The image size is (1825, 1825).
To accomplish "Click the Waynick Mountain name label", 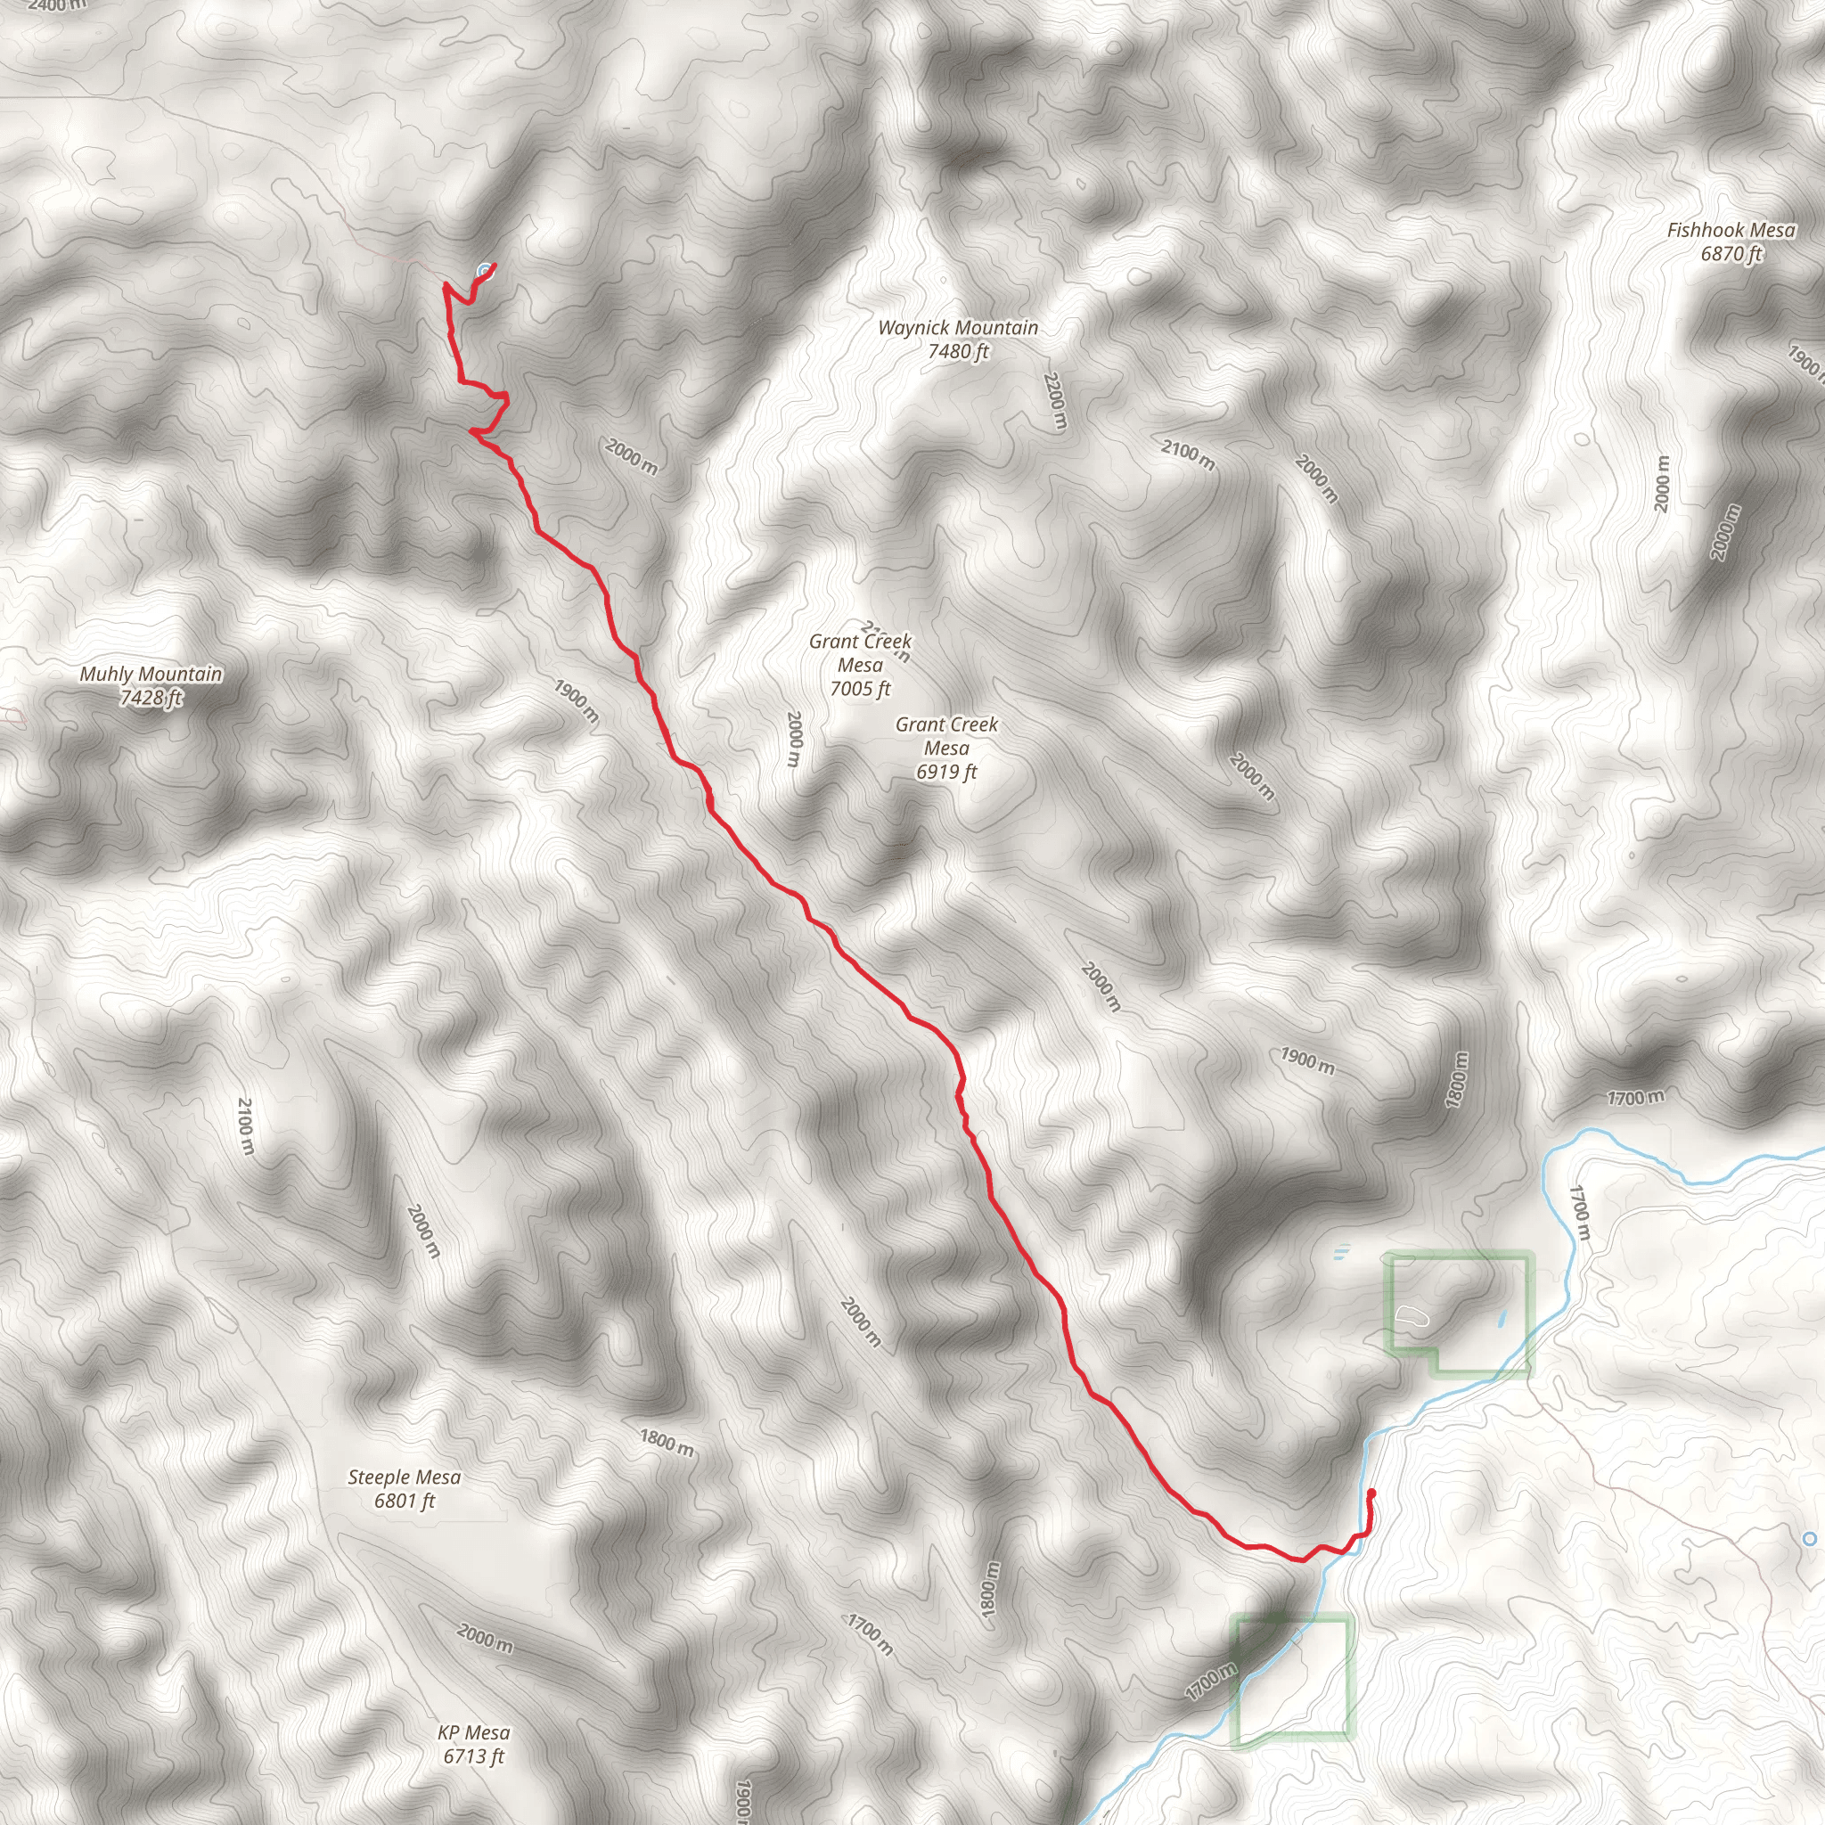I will click(958, 328).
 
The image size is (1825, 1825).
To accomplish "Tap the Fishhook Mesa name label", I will click(1731, 230).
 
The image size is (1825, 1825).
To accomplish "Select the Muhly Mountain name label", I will click(151, 674).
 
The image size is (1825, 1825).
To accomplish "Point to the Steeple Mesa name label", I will click(405, 1477).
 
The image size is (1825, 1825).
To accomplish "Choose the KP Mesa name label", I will click(473, 1732).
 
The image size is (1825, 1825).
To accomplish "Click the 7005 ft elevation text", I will click(860, 689).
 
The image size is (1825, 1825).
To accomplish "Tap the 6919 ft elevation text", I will click(945, 772).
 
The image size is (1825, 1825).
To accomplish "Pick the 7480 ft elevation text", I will click(958, 351).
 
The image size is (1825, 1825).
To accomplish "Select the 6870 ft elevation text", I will click(1731, 253).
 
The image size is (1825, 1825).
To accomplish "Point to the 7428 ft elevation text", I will click(151, 698).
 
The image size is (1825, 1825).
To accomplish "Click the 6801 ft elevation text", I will click(405, 1500).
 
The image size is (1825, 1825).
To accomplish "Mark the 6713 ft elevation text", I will click(473, 1756).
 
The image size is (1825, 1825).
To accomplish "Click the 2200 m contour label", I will click(1055, 402).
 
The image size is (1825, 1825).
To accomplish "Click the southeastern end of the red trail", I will click(1371, 1493).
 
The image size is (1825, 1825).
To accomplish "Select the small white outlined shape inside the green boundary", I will click(1409, 1315).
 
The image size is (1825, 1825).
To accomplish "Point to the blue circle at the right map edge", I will click(1810, 1539).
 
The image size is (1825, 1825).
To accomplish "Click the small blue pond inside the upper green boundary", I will click(1502, 1316).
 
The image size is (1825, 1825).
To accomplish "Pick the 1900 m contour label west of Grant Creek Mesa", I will click(577, 702).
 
